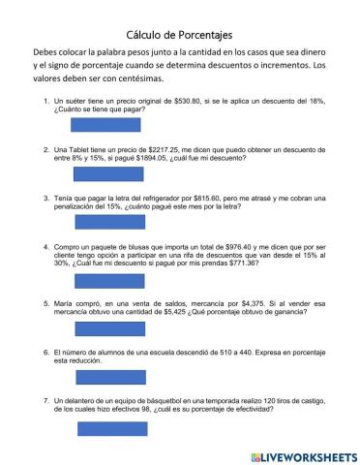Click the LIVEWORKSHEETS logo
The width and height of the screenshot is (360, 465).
(x=303, y=455)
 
